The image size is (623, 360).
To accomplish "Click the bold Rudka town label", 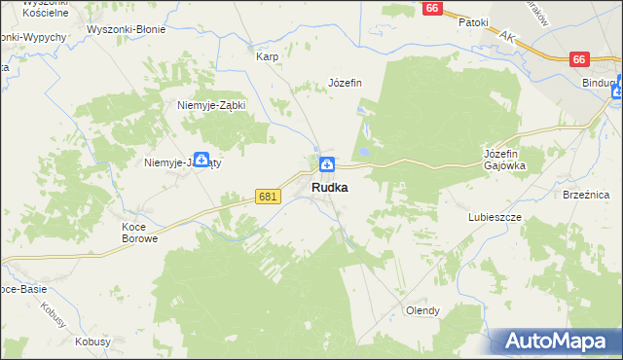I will point(329,188).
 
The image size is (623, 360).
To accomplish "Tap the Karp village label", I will point(268,56).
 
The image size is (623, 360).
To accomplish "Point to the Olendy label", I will point(422,310).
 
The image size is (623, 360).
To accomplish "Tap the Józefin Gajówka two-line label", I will point(504,160).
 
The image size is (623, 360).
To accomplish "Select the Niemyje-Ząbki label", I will point(210,105).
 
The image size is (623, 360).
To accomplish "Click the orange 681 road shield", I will point(270,197).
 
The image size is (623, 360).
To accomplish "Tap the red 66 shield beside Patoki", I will point(433,8).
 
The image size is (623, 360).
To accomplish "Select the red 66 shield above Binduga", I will point(580,59).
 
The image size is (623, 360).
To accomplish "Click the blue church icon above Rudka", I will point(328,164).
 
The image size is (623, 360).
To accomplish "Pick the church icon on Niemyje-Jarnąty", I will point(201,160).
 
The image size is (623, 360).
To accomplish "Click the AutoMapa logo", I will point(556,341).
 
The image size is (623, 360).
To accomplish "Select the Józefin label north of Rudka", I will point(345,83).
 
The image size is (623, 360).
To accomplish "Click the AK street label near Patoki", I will point(506,36).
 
